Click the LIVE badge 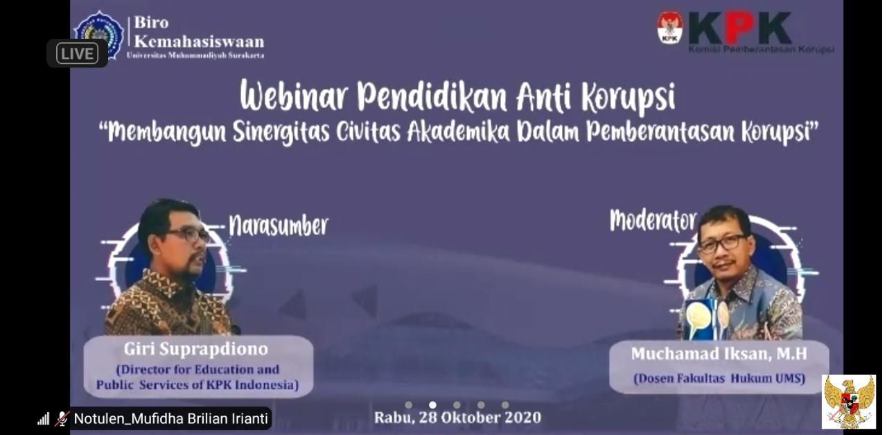(x=77, y=53)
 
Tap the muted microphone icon (x=62, y=418)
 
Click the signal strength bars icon (x=44, y=418)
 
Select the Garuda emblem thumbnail (x=848, y=402)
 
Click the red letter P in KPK (x=739, y=28)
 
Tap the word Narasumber (x=279, y=225)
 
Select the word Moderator (x=653, y=221)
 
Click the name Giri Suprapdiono (x=195, y=348)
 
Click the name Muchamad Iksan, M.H (x=719, y=354)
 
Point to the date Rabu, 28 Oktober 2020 (x=457, y=418)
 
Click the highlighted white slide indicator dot (x=432, y=405)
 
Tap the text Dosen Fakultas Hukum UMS (x=719, y=379)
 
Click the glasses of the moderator (x=723, y=243)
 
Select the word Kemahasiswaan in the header (x=209, y=41)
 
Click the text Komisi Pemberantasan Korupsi (x=761, y=49)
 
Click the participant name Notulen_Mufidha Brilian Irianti (x=170, y=418)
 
